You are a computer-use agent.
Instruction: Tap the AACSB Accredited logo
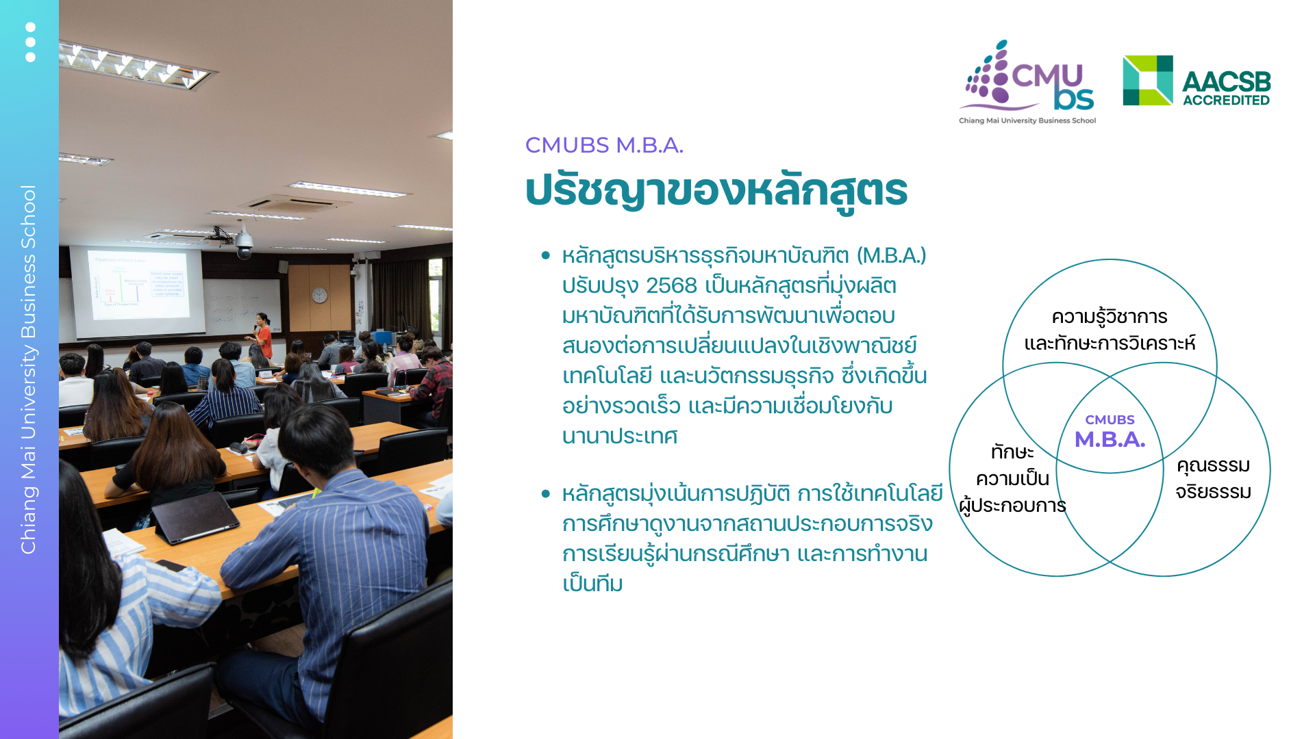(x=1197, y=81)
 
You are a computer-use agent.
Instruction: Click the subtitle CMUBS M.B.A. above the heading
(x=603, y=145)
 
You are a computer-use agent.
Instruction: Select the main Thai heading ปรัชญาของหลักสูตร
(x=716, y=190)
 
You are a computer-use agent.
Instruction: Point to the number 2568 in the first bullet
(x=671, y=285)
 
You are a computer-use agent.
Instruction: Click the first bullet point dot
(x=545, y=255)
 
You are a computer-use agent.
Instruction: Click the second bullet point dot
(x=545, y=493)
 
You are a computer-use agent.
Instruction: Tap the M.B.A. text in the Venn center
(x=1110, y=439)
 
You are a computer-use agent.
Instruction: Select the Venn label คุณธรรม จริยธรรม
(x=1213, y=478)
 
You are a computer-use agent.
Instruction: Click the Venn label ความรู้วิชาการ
(x=1110, y=317)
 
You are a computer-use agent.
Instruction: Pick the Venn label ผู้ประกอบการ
(x=1012, y=506)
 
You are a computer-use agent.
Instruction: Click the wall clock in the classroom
(x=319, y=295)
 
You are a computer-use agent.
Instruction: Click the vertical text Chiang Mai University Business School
(x=28, y=369)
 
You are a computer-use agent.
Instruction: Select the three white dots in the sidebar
(x=30, y=42)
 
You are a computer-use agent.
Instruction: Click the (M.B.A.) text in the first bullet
(x=891, y=255)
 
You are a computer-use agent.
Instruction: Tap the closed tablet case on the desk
(x=197, y=517)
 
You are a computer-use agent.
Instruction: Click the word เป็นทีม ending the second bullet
(x=592, y=584)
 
